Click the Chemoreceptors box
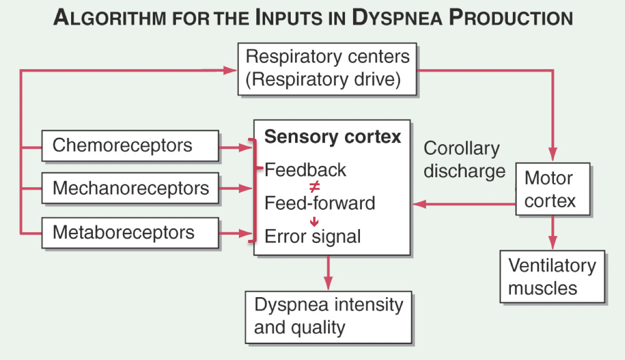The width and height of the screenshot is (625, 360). pyautogui.click(x=130, y=146)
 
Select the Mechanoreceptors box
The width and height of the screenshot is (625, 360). pyautogui.click(x=130, y=188)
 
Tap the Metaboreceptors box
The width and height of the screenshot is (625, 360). pyautogui.click(x=130, y=233)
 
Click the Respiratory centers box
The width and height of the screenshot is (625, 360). pyautogui.click(x=327, y=69)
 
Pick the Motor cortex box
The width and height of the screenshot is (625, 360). pyautogui.click(x=553, y=189)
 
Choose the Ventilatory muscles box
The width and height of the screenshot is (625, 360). pyautogui.click(x=552, y=277)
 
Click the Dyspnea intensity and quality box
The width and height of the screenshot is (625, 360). pyautogui.click(x=328, y=317)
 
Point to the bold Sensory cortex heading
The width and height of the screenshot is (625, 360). pyautogui.click(x=333, y=136)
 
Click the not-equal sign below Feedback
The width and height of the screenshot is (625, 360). pyautogui.click(x=314, y=187)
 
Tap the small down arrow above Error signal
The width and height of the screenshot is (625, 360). pyautogui.click(x=314, y=221)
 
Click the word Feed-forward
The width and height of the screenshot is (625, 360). pyautogui.click(x=320, y=203)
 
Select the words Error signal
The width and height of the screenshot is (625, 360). pyautogui.click(x=312, y=237)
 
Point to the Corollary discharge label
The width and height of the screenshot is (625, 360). pyautogui.click(x=464, y=159)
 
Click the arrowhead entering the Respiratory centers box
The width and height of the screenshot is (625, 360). pyautogui.click(x=230, y=70)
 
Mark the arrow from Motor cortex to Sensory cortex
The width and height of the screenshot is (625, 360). pyautogui.click(x=464, y=204)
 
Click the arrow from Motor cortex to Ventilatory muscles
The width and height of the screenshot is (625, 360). pyautogui.click(x=553, y=232)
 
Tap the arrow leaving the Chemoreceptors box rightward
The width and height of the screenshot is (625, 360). pyautogui.click(x=236, y=148)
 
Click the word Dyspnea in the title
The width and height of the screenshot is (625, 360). pyautogui.click(x=397, y=17)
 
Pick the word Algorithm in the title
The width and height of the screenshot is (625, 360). pyautogui.click(x=110, y=17)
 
